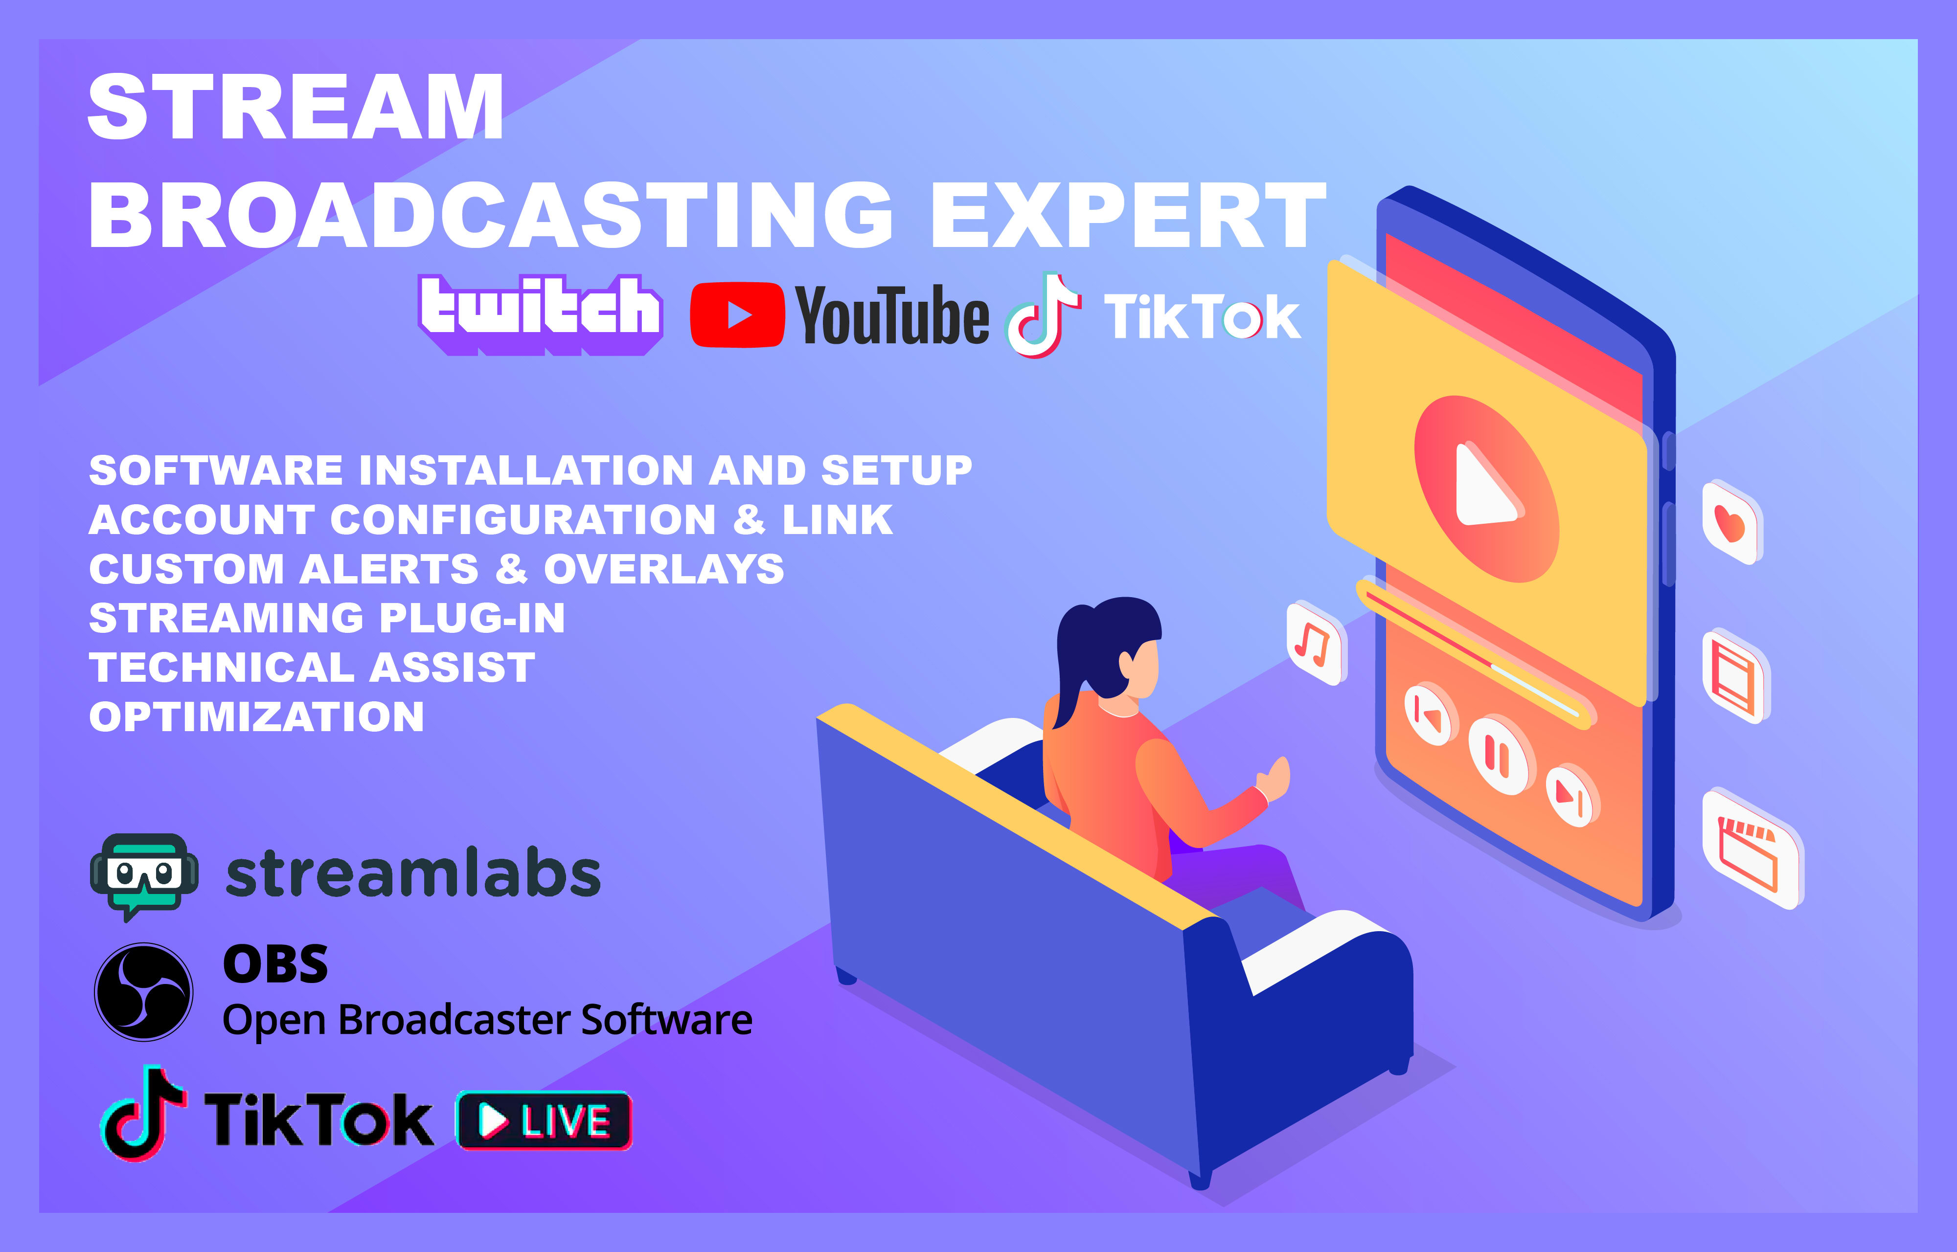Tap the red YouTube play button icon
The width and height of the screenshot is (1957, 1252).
[737, 314]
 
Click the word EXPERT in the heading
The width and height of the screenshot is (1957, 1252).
[1129, 216]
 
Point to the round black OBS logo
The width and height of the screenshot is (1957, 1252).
[144, 992]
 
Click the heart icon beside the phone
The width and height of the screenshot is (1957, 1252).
[1730, 523]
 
